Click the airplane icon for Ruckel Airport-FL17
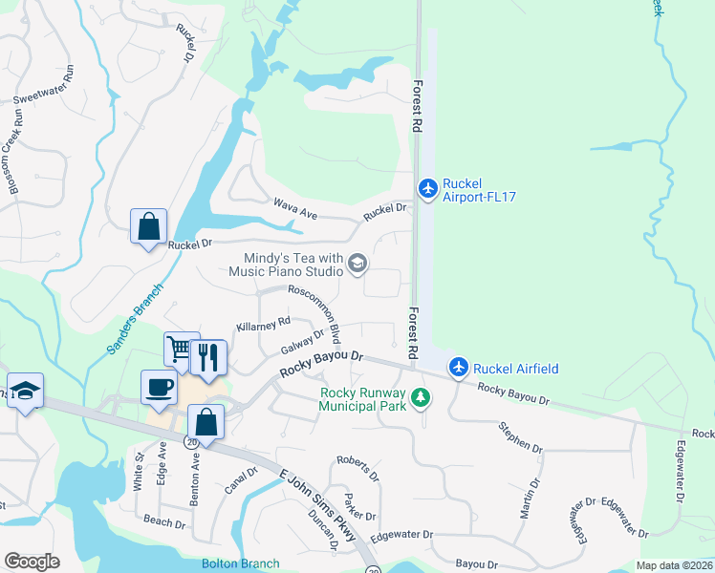[428, 185]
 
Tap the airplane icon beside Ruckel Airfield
[459, 367]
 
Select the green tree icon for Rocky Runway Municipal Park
[419, 397]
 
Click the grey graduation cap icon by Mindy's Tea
[357, 264]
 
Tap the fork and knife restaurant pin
[207, 357]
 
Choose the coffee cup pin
[160, 388]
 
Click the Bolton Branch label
[239, 563]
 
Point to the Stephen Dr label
[519, 435]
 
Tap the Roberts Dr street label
[357, 468]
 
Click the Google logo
[32, 562]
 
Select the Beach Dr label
[163, 521]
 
